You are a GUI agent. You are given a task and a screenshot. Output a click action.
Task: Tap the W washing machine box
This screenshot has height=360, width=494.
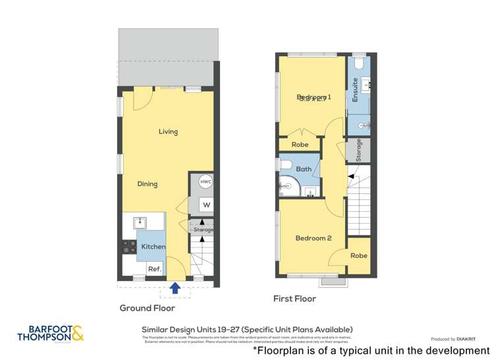coord(206,205)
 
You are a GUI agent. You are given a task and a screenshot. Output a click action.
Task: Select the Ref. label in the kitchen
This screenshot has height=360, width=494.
coord(154,269)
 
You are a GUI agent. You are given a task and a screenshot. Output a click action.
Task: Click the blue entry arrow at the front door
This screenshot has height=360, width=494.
coord(175,287)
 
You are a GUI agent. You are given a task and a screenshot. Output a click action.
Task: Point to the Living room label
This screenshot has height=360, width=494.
coord(168,132)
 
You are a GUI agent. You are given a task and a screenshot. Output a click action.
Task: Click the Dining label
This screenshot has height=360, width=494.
coord(148,184)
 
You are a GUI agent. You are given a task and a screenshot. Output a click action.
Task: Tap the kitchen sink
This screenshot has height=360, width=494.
coord(140,222)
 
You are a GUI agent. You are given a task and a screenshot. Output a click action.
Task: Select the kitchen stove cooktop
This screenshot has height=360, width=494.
coord(129,247)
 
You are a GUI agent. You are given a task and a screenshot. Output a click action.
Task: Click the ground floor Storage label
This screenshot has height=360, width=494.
coord(204,230)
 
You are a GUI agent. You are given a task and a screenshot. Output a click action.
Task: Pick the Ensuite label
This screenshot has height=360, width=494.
coord(356,90)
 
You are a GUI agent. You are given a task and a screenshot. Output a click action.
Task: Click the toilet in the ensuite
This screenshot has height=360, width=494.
coord(359,63)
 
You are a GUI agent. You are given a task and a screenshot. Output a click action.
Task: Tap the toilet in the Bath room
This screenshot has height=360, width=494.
coord(286,164)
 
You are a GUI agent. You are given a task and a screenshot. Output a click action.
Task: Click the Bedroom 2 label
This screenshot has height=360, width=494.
coord(313,238)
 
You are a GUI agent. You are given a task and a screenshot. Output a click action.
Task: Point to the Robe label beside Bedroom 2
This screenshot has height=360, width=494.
coord(358,255)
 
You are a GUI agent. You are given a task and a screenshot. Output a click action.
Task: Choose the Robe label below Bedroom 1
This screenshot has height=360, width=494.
coord(300,144)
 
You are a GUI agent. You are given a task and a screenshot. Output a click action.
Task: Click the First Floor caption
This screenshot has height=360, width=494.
coord(294,299)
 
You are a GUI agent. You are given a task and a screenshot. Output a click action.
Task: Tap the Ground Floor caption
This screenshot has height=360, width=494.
coord(147,308)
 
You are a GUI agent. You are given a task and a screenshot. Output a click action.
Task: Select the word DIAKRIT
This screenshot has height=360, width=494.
coord(469,339)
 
